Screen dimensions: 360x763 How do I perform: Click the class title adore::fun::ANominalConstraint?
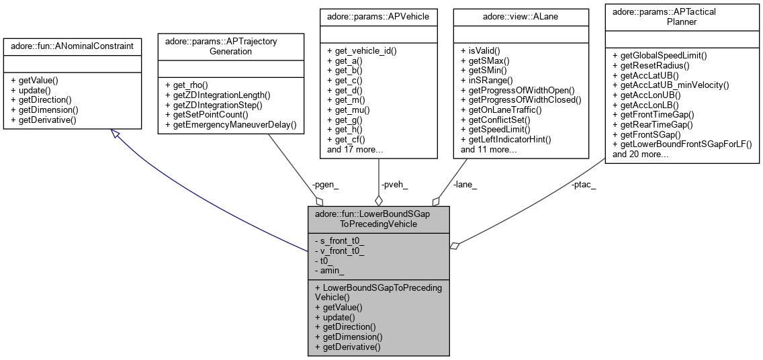(x=72, y=46)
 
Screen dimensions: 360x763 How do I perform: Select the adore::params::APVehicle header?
(x=379, y=15)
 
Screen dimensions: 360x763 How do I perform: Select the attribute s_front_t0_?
(x=342, y=240)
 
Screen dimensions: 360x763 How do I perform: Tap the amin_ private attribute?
(x=332, y=271)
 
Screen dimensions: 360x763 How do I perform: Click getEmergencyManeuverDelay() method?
(x=230, y=125)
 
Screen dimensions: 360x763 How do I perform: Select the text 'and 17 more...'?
(x=355, y=149)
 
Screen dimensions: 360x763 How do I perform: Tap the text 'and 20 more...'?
(x=641, y=154)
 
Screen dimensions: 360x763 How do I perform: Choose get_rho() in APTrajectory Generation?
(x=186, y=85)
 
